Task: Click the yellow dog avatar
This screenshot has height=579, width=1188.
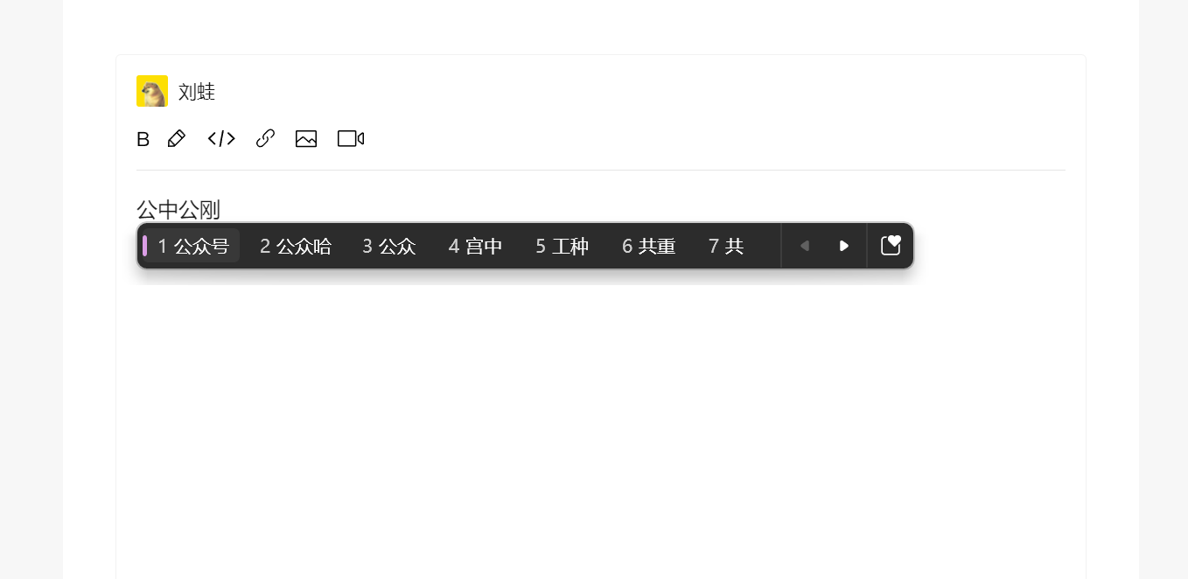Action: tap(152, 91)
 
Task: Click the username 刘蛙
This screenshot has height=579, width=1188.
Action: tap(196, 92)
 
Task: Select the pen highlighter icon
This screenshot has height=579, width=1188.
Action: tap(177, 139)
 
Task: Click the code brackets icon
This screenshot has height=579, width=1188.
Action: tap(221, 139)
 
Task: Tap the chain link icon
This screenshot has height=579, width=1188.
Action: tap(265, 138)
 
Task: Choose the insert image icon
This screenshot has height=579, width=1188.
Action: tap(306, 139)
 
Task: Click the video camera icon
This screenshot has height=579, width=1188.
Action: tap(351, 139)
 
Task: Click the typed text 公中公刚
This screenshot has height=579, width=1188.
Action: tap(178, 209)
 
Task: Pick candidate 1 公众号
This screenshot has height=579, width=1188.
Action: tap(193, 246)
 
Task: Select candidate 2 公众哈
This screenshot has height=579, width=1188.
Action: tap(296, 246)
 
